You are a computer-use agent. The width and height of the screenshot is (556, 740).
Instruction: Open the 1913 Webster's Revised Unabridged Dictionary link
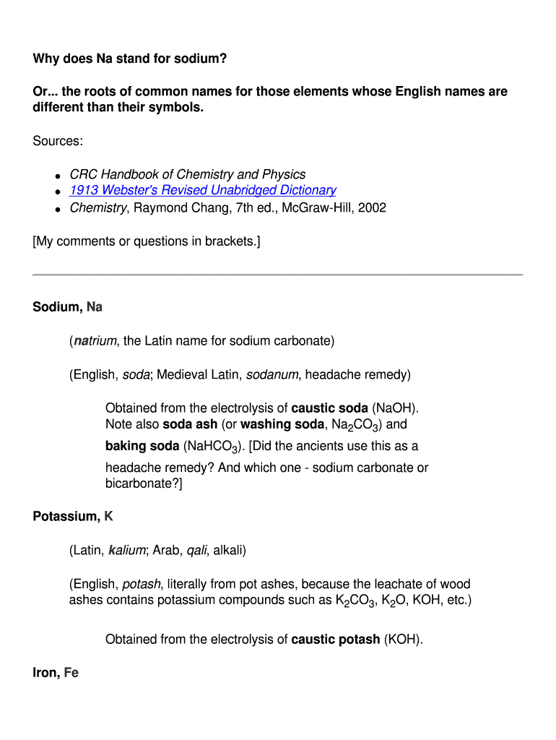pyautogui.click(x=202, y=190)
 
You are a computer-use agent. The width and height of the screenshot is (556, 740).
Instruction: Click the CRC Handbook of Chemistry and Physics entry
pyautogui.click(x=187, y=174)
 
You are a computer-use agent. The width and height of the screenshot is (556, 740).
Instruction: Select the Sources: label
pyautogui.click(x=58, y=141)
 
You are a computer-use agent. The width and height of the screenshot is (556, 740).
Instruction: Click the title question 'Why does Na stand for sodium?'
pyautogui.click(x=130, y=59)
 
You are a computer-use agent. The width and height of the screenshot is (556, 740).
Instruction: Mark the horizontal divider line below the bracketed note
pyautogui.click(x=277, y=275)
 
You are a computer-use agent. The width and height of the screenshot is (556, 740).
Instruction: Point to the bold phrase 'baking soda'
pyautogui.click(x=141, y=446)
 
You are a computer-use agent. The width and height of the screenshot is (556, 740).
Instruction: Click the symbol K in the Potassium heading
pyautogui.click(x=109, y=517)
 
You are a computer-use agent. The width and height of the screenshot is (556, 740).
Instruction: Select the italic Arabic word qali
pyautogui.click(x=196, y=551)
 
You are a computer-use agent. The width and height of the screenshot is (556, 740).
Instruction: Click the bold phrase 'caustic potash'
pyautogui.click(x=335, y=640)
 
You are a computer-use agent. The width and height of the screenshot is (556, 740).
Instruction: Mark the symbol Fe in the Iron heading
pyautogui.click(x=71, y=673)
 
